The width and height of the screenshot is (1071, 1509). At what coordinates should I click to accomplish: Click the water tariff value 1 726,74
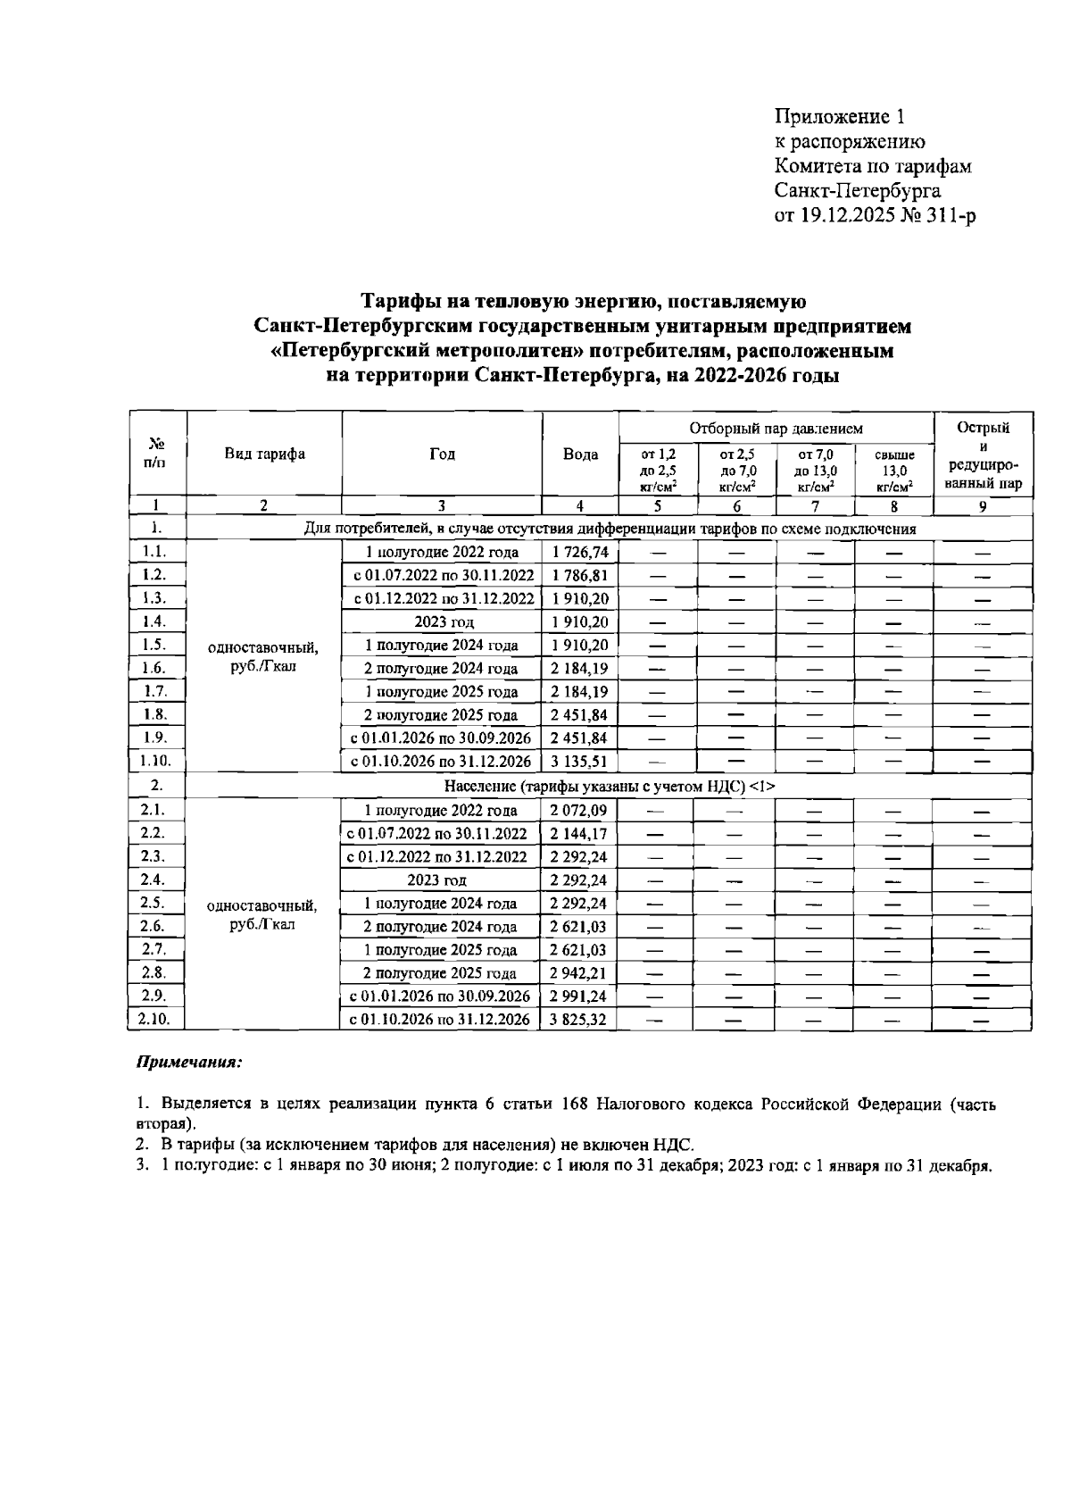tap(579, 553)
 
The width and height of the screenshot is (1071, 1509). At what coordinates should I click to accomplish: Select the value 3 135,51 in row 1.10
tap(579, 762)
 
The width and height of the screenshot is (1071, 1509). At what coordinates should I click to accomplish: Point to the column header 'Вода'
tap(580, 454)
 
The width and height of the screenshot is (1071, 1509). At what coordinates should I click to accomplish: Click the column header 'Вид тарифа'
tap(264, 454)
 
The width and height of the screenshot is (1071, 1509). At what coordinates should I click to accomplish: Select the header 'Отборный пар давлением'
tap(775, 429)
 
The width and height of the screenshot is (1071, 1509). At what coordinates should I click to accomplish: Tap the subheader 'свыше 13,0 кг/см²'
tap(893, 471)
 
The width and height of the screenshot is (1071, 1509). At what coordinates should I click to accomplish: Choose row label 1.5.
tap(155, 644)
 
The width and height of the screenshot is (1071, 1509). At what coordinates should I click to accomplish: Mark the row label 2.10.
tap(155, 1019)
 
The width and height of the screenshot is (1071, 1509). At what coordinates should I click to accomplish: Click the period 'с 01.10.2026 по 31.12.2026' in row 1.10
tap(441, 762)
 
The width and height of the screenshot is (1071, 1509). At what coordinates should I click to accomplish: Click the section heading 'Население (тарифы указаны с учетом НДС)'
tap(610, 786)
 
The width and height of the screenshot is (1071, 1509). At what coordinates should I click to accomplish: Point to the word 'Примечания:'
tap(189, 1063)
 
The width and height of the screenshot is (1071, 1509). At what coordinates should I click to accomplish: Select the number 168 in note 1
tap(573, 1105)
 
